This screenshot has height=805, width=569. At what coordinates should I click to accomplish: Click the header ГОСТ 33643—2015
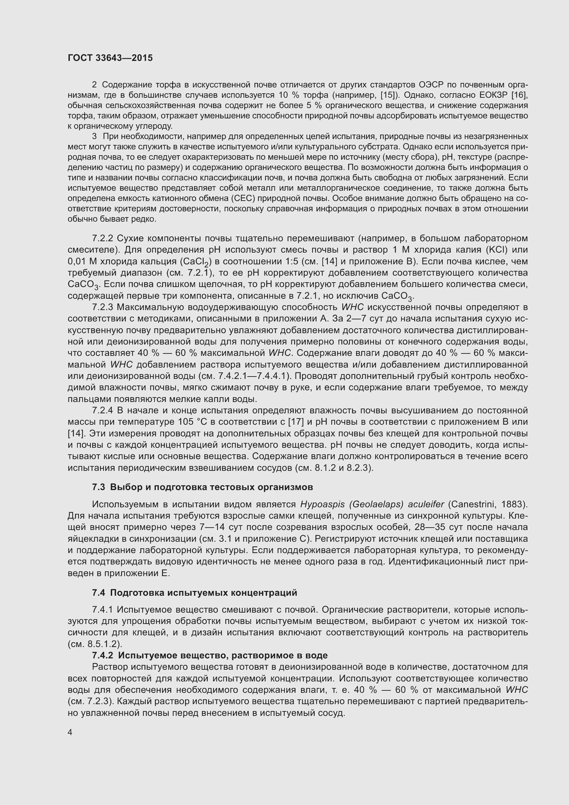pos(110,58)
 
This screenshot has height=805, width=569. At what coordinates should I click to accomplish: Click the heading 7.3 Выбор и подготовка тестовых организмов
pos(203,487)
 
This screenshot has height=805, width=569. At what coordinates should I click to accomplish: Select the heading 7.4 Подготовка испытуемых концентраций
pos(194,593)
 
